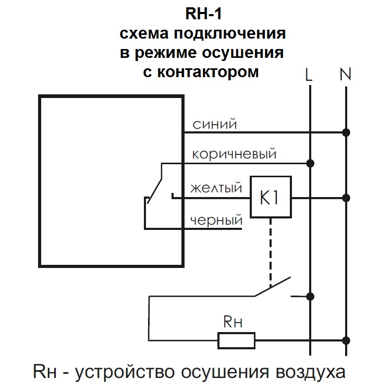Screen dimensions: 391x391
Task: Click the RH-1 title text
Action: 203,13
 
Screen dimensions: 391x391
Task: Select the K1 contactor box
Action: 270,198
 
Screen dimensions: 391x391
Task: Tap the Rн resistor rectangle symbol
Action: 236,341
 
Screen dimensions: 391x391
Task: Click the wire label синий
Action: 215,125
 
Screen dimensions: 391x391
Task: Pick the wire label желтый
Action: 216,187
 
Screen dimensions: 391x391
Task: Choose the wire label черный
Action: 216,221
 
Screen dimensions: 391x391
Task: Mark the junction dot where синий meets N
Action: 346,132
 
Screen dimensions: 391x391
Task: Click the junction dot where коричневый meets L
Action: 311,163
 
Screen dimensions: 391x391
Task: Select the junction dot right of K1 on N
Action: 346,198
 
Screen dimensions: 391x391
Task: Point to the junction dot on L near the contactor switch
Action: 311,297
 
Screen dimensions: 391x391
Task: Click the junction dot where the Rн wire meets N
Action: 346,341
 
